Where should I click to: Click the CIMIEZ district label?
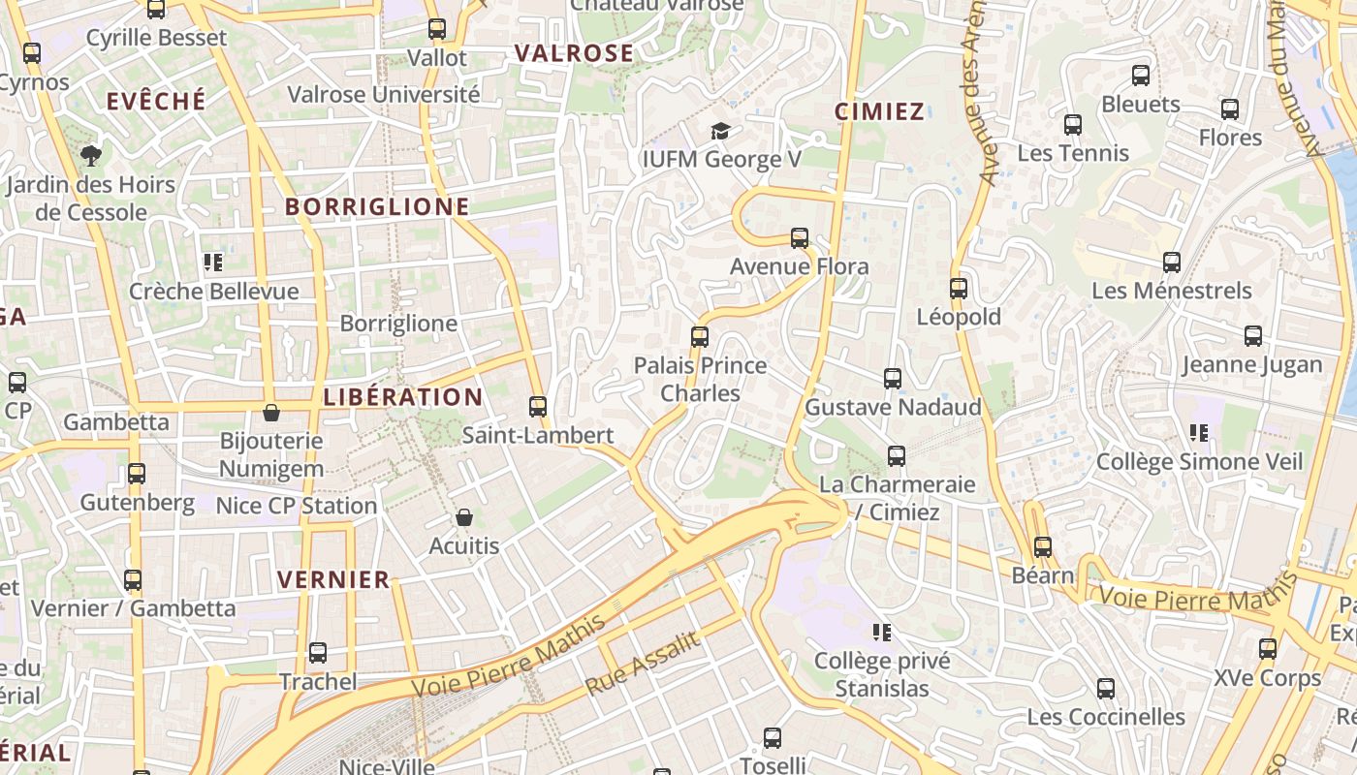879,111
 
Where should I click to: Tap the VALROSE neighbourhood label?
574,53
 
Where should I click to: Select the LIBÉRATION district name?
402,397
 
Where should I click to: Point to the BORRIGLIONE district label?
377,206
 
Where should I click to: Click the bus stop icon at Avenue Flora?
800,237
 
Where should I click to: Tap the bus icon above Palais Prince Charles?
700,337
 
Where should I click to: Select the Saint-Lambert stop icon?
538,407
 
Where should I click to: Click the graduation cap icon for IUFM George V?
720,131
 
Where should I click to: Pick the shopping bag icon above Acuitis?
464,517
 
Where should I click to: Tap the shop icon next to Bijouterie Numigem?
271,413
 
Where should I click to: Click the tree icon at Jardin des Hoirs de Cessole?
91,155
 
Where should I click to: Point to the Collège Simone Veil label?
1199,462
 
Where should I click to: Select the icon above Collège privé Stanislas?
882,633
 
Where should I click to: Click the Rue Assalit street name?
643,664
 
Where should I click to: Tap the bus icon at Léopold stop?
959,289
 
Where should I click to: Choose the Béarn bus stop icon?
1043,547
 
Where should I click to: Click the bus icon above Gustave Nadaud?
893,379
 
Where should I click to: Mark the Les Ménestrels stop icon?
1172,263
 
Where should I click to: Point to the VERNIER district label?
333,580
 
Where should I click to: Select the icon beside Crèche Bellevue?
213,263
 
